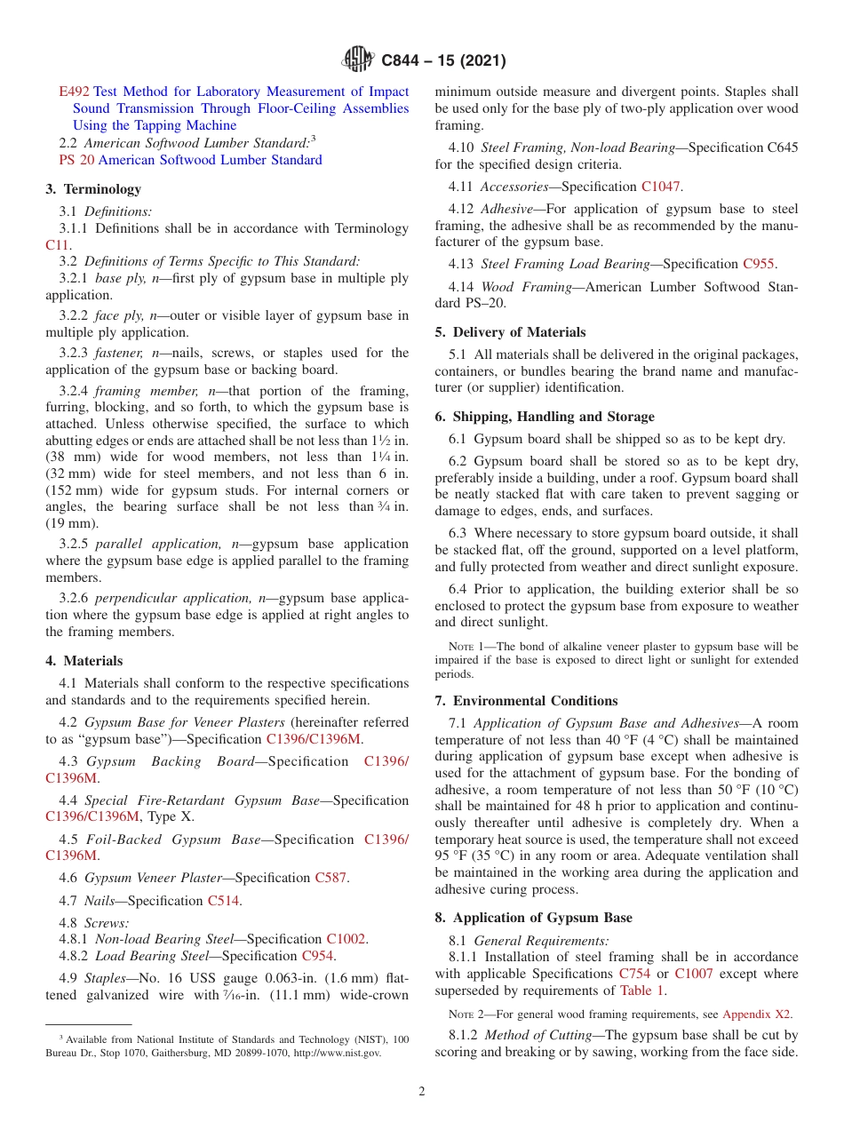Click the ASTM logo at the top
pos(358,60)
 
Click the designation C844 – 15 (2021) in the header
pos(443,61)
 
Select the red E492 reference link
pos(74,92)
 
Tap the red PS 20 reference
pos(76,160)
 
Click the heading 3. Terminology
pos(93,189)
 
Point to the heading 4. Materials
pos(84,661)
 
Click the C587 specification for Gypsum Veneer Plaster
pos(330,878)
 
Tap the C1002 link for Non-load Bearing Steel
pos(346,939)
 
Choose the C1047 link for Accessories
pos(661,187)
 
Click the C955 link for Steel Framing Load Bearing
pos(758,264)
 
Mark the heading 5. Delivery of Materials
pos(510,332)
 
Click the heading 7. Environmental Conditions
pos(526,701)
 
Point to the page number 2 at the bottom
pos(422,1092)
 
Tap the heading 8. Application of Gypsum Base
pos(531,918)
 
